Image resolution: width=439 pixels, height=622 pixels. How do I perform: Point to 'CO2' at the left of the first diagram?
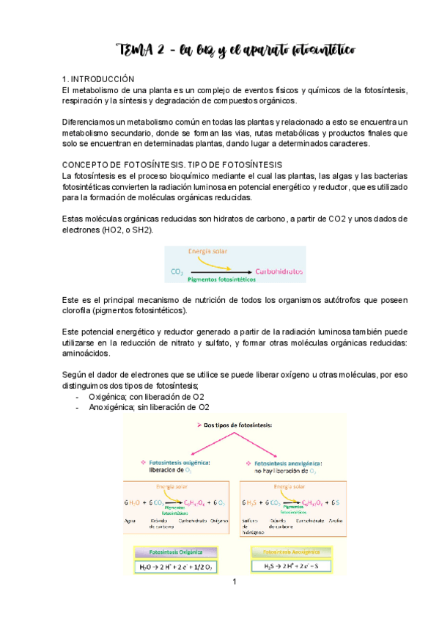point(177,271)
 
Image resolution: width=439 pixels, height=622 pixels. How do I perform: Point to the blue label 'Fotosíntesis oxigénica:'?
point(180,463)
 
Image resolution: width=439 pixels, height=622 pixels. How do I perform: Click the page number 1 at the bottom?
point(234,582)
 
